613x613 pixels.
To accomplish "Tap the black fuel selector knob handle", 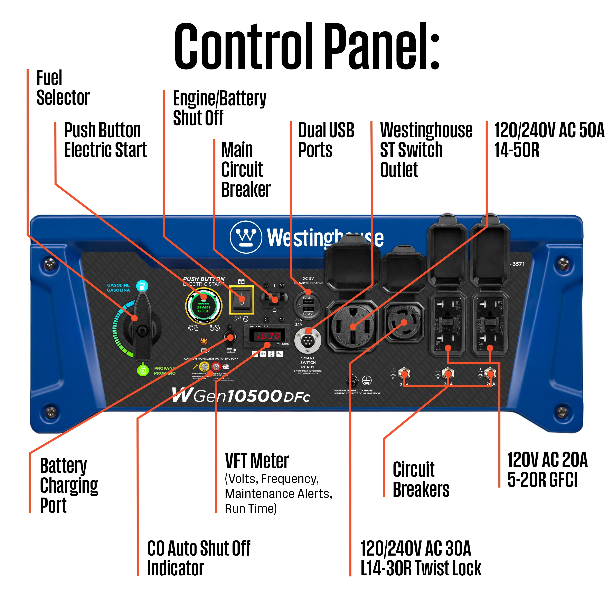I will pyautogui.click(x=142, y=327).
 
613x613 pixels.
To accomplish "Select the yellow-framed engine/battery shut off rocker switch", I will pyautogui.click(x=242, y=300).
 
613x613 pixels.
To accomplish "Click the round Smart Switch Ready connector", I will pyautogui.click(x=308, y=340).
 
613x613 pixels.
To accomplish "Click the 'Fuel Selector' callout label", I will pyautogui.click(x=63, y=88).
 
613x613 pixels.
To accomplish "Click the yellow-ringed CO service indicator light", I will pyautogui.click(x=204, y=367).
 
